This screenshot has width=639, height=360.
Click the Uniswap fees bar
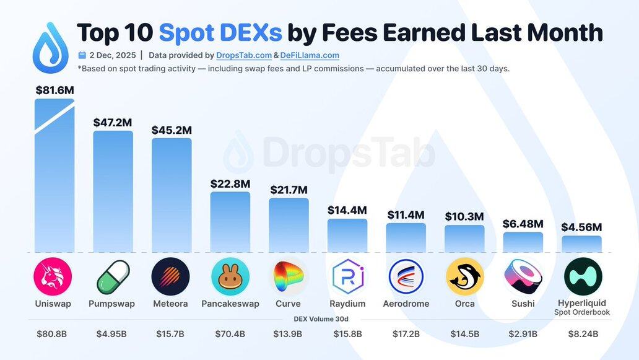pyautogui.click(x=54, y=180)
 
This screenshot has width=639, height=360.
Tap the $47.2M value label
pyautogui.click(x=113, y=123)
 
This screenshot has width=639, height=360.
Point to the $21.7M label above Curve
pyautogui.click(x=289, y=190)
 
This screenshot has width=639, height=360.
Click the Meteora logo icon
pyautogui.click(x=170, y=276)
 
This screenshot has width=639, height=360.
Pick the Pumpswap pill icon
pyautogui.click(x=113, y=277)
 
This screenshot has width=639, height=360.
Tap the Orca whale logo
pyautogui.click(x=464, y=276)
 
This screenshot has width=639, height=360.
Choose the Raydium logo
pyautogui.click(x=347, y=276)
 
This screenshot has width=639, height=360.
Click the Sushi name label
pyautogui.click(x=523, y=304)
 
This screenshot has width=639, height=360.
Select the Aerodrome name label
pyautogui.click(x=406, y=304)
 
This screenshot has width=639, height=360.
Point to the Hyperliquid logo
pyautogui.click(x=583, y=276)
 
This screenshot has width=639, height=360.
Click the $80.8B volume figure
pyautogui.click(x=52, y=334)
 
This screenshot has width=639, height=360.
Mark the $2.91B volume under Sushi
pyautogui.click(x=523, y=334)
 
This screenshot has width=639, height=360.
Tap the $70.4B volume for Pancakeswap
pyautogui.click(x=230, y=334)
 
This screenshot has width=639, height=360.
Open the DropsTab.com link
pyautogui.click(x=244, y=55)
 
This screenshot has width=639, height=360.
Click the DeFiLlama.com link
pyautogui.click(x=310, y=55)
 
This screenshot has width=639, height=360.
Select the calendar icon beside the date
pyautogui.click(x=82, y=55)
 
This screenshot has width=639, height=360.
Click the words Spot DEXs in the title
pyautogui.click(x=220, y=32)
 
